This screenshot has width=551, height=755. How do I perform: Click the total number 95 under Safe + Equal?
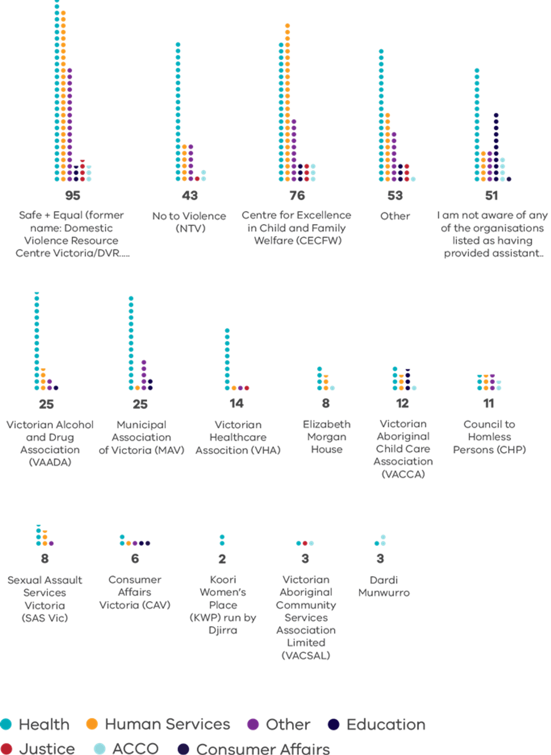(x=73, y=195)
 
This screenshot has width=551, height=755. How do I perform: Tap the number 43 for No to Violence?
(x=190, y=195)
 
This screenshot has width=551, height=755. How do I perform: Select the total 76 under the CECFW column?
(x=297, y=195)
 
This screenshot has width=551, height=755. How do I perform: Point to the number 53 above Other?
(x=395, y=195)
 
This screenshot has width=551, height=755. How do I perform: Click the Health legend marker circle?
(x=6, y=724)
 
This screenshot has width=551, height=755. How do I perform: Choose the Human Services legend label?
(x=168, y=724)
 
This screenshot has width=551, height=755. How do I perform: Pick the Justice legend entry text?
(x=47, y=749)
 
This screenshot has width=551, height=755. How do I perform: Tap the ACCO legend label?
(x=135, y=749)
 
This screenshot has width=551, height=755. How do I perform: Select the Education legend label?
(x=386, y=724)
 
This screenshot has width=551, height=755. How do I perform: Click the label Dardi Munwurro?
(x=384, y=586)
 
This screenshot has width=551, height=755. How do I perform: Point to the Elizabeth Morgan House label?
(x=326, y=437)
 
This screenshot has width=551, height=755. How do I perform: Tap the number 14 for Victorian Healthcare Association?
(x=237, y=403)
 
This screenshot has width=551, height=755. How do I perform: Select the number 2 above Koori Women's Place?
(x=222, y=559)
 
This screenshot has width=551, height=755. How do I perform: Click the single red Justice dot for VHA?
(x=247, y=388)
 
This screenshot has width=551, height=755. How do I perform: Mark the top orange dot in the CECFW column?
(x=287, y=25)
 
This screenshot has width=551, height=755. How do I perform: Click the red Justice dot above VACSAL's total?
(x=305, y=543)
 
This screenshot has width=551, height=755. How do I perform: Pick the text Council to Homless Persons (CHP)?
(x=489, y=437)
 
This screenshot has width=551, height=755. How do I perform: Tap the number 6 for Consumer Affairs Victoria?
(x=135, y=559)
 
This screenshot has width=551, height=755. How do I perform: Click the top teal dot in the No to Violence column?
(x=178, y=44)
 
